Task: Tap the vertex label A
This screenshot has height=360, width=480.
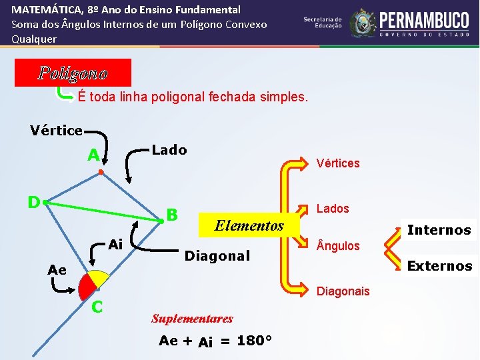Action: pyautogui.click(x=94, y=156)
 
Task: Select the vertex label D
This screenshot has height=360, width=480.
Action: pyautogui.click(x=33, y=201)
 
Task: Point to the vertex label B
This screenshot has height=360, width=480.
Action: pyautogui.click(x=172, y=215)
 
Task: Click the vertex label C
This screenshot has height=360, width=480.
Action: pyautogui.click(x=97, y=307)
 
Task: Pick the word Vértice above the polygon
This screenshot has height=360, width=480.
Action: pyautogui.click(x=56, y=131)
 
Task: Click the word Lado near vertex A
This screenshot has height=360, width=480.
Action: pyautogui.click(x=169, y=150)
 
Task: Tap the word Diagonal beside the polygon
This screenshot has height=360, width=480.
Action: pyautogui.click(x=217, y=256)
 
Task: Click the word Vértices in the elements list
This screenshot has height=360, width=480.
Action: pyautogui.click(x=338, y=163)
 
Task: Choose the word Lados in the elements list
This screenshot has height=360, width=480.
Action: pyautogui.click(x=333, y=209)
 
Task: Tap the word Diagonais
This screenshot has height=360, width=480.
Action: pyautogui.click(x=343, y=291)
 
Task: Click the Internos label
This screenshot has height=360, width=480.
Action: pyautogui.click(x=439, y=231)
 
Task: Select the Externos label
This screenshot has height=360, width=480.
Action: pyautogui.click(x=439, y=266)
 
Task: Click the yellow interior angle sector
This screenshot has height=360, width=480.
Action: pyautogui.click(x=99, y=278)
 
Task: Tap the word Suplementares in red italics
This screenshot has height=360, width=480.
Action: pyautogui.click(x=192, y=319)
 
